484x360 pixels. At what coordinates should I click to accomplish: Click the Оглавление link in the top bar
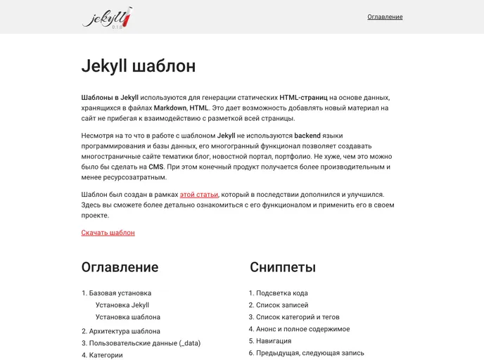pyautogui.click(x=385, y=17)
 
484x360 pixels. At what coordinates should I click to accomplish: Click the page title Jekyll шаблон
pyautogui.click(x=139, y=67)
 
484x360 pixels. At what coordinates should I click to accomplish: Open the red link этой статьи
pyautogui.click(x=199, y=194)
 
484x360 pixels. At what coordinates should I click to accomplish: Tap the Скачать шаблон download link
pyautogui.click(x=108, y=233)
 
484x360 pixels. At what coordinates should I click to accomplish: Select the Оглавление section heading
pyautogui.click(x=120, y=267)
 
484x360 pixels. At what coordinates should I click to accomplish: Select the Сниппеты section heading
pyautogui.click(x=282, y=267)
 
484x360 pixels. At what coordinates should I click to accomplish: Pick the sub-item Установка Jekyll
pyautogui.click(x=122, y=305)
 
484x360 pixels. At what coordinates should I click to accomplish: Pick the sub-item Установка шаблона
pyautogui.click(x=127, y=317)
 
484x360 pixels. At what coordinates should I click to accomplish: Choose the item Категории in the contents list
pyautogui.click(x=106, y=355)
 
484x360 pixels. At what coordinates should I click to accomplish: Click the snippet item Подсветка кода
pyautogui.click(x=281, y=293)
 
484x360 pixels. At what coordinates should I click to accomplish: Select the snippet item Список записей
pyautogui.click(x=282, y=305)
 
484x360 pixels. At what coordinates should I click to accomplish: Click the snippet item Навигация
pyautogui.click(x=274, y=341)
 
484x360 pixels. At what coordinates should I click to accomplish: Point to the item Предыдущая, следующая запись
pyautogui.click(x=310, y=353)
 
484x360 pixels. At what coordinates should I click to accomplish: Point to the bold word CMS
pyautogui.click(x=155, y=167)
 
